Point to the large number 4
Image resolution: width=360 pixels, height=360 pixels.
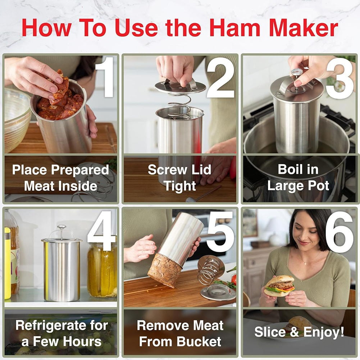pyautogui.click(x=101, y=230)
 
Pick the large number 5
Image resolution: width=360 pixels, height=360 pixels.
pyautogui.click(x=220, y=230)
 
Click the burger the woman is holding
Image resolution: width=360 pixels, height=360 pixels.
pyautogui.click(x=279, y=286)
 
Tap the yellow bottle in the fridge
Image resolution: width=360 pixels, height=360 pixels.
pyautogui.click(x=7, y=263)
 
